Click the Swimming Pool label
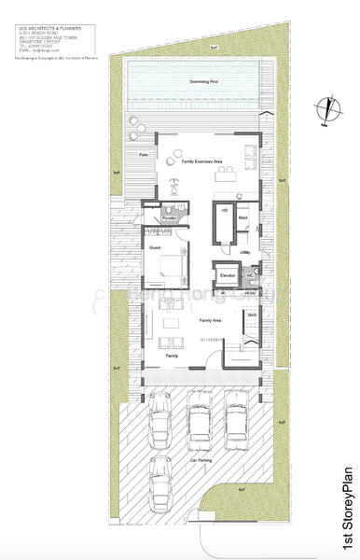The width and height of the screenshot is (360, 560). click(199, 83)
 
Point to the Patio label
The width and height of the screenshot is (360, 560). click(145, 154)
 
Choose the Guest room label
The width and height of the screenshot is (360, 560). click(155, 246)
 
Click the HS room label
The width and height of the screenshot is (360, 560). click(224, 211)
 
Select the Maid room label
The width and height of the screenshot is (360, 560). click(242, 218)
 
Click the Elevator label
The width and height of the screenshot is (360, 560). click(227, 276)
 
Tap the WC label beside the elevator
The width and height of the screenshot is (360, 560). click(251, 276)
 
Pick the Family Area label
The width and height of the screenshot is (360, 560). click(210, 320)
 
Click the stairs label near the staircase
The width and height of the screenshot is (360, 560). click(251, 315)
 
